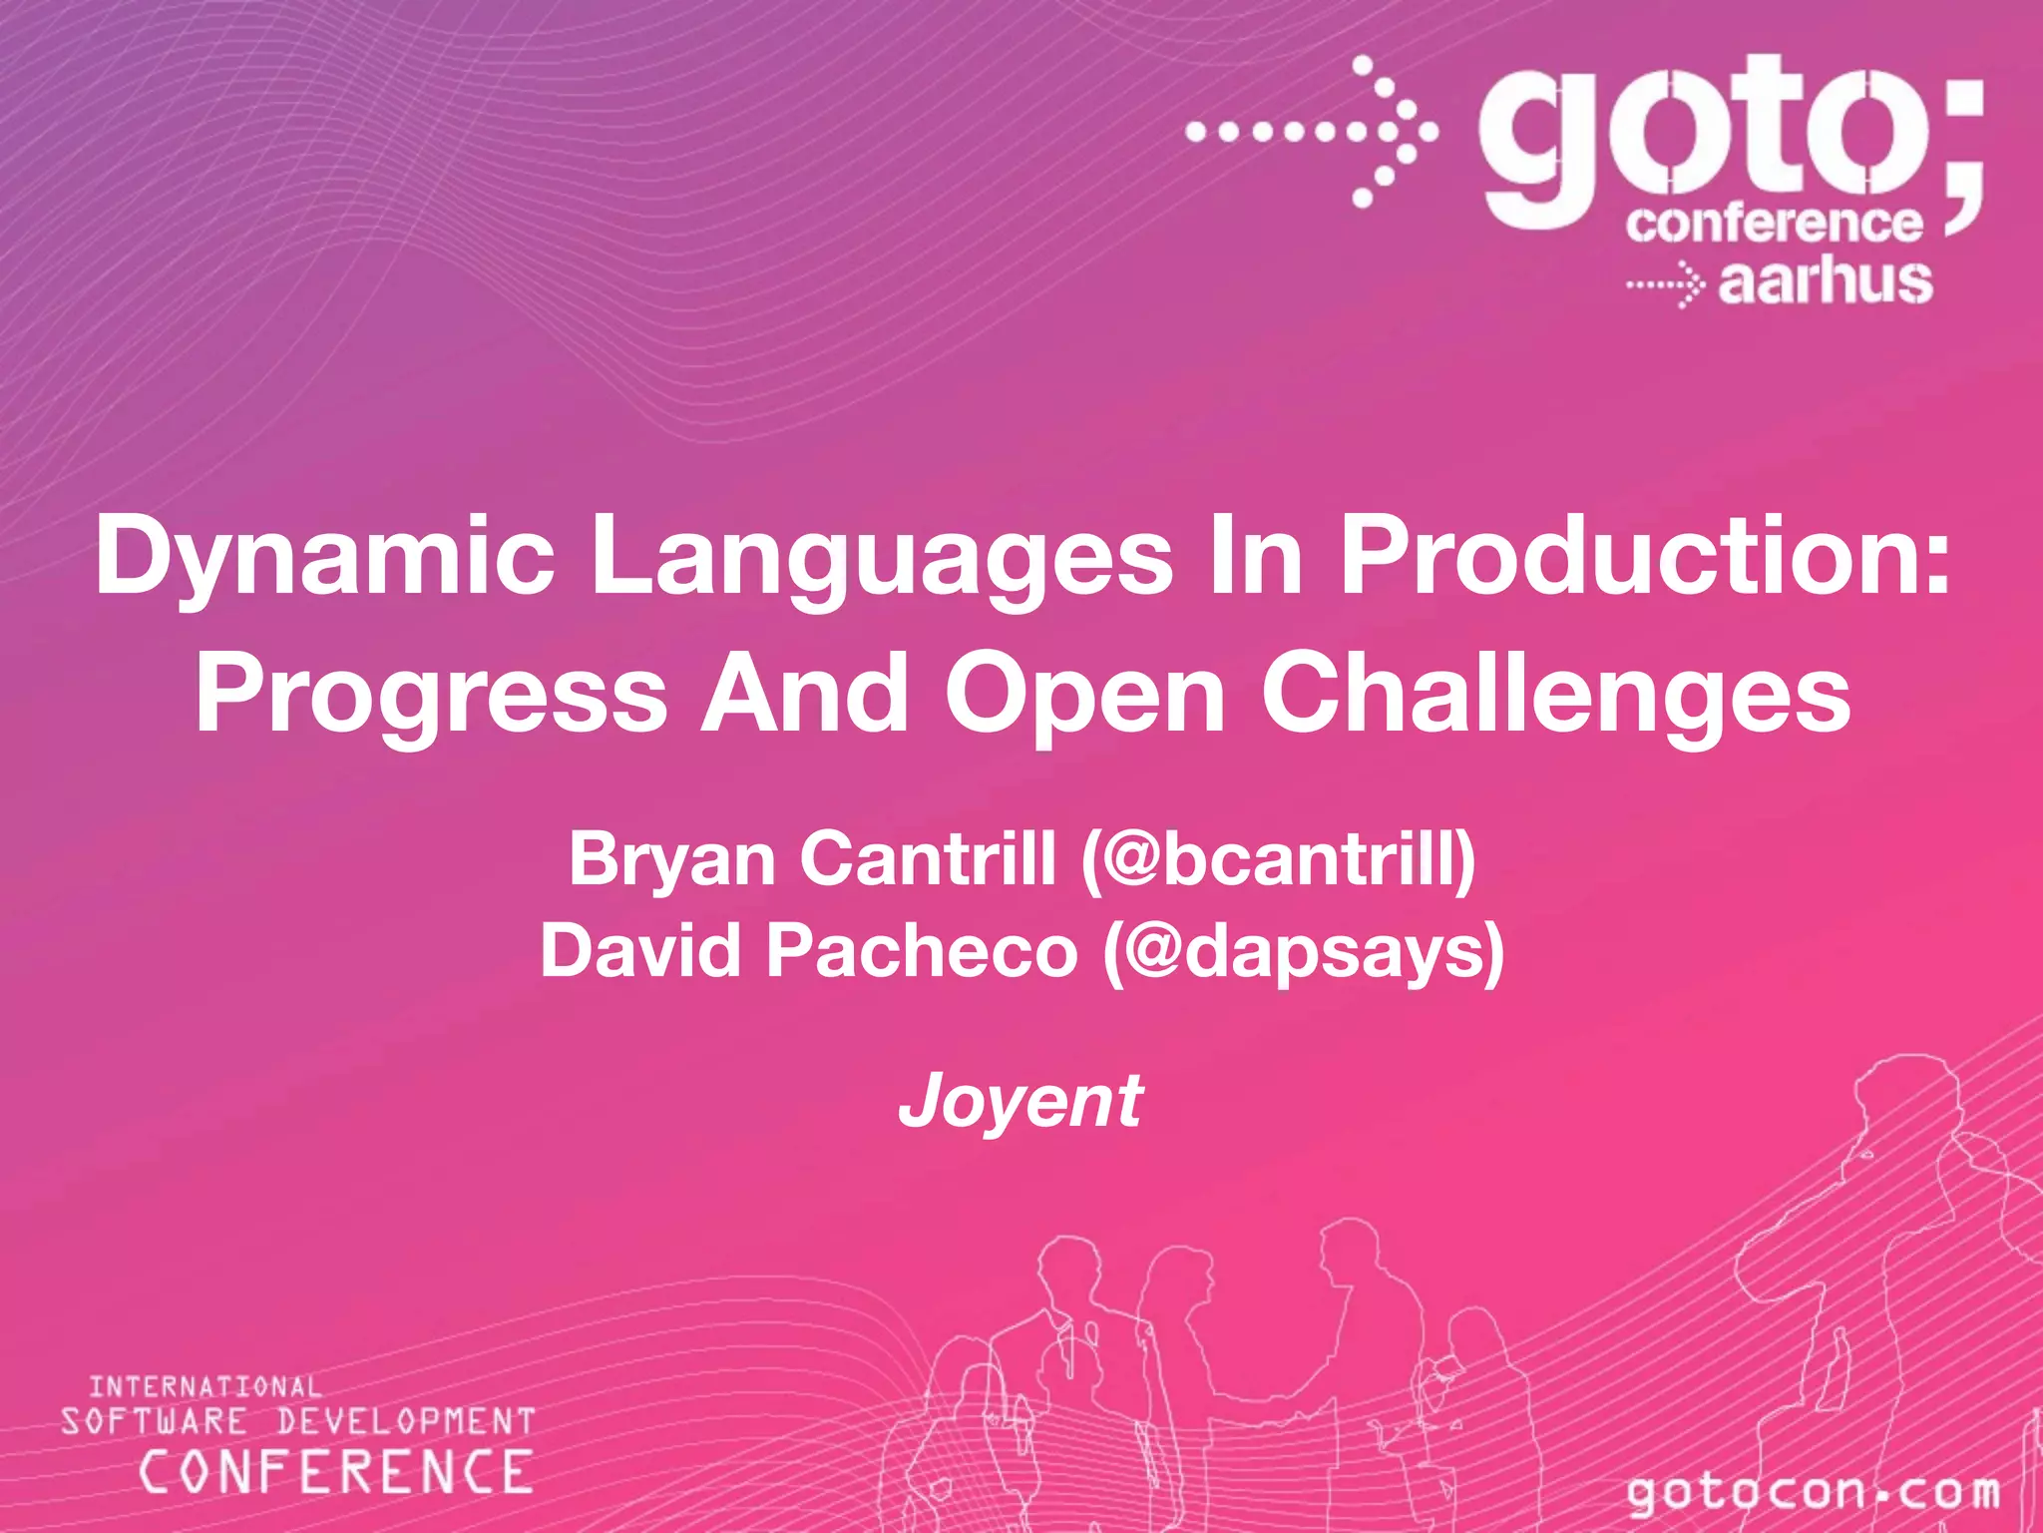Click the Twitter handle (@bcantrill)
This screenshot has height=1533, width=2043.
point(1278,859)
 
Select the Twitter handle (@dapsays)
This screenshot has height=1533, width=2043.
point(1303,950)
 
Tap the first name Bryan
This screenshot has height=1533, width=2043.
point(671,859)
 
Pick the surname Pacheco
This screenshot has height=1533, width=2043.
point(922,950)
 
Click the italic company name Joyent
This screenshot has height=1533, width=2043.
point(1021,1101)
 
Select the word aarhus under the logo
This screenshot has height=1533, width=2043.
point(1825,282)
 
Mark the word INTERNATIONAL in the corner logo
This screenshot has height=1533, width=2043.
point(205,1386)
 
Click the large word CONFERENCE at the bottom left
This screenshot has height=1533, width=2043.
point(336,1472)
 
